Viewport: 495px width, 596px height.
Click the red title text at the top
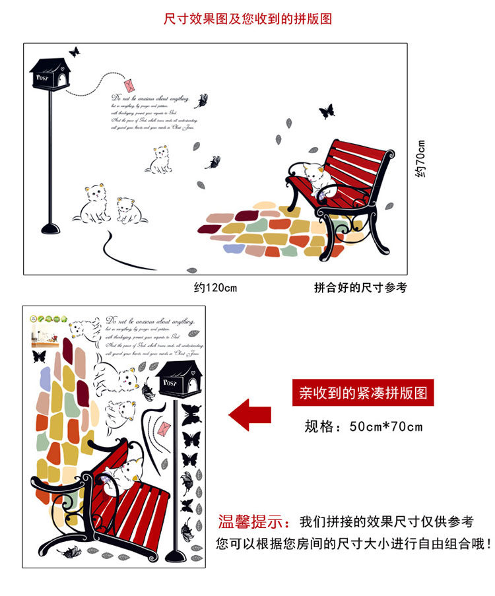[x=247, y=18]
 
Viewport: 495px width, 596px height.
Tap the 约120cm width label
[x=215, y=288]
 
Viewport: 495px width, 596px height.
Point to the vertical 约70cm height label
[x=421, y=159]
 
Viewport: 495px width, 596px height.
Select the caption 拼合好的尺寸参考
[x=360, y=288]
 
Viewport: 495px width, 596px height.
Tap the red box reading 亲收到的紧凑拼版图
[x=363, y=393]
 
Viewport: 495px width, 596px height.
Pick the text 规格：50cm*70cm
[x=363, y=426]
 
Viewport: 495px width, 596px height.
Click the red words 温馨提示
[x=254, y=522]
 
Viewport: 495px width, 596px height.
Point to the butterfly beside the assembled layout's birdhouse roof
[x=75, y=51]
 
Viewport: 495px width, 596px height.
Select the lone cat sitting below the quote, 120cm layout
[x=159, y=160]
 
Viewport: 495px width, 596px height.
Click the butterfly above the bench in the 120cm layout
[x=327, y=112]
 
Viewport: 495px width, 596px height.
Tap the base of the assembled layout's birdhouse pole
[x=50, y=229]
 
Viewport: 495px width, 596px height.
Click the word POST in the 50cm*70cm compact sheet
[x=170, y=383]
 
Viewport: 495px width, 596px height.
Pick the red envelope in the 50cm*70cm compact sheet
[x=164, y=429]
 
